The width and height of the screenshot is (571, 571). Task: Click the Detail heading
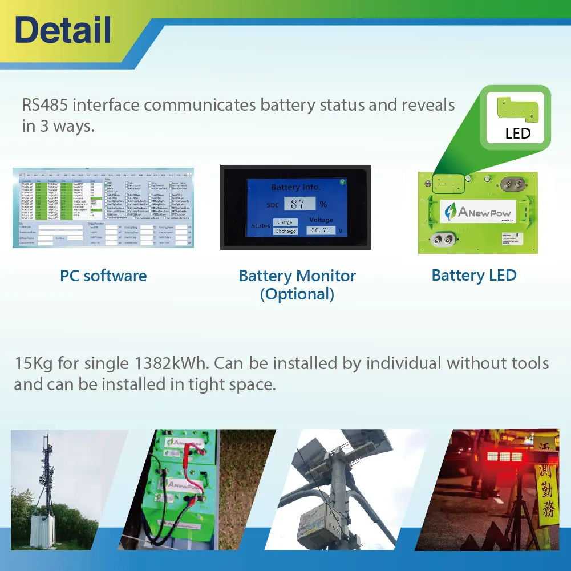pyautogui.click(x=63, y=30)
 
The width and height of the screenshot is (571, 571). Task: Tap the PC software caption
pyautogui.click(x=103, y=276)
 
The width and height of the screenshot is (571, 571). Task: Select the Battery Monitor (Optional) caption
pyautogui.click(x=297, y=284)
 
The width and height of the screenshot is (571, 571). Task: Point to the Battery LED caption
pyautogui.click(x=474, y=276)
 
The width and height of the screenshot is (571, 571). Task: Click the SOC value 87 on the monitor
pyautogui.click(x=298, y=204)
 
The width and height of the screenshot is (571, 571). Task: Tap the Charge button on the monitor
pyautogui.click(x=285, y=222)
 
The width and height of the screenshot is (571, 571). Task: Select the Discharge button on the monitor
pyautogui.click(x=285, y=231)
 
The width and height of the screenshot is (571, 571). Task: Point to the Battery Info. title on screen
pyautogui.click(x=295, y=187)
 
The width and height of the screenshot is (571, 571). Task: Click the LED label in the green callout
pyautogui.click(x=518, y=133)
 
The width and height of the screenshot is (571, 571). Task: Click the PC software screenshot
pyautogui.click(x=103, y=208)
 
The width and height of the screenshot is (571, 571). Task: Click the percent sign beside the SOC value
pyautogui.click(x=323, y=204)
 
